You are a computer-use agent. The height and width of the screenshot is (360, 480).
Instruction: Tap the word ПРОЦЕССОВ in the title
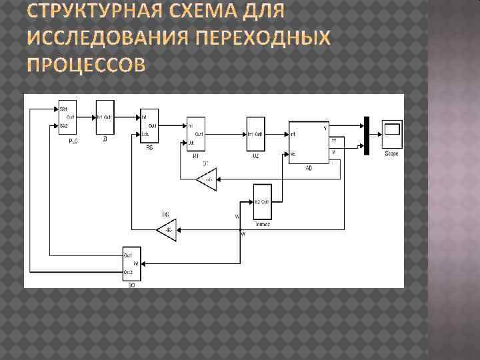click(85, 65)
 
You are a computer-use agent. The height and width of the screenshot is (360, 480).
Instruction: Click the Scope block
click(391, 133)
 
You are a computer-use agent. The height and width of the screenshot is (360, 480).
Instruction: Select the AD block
click(309, 142)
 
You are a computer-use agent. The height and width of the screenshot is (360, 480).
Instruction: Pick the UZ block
click(255, 134)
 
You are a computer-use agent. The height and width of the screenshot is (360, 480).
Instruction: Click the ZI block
click(105, 118)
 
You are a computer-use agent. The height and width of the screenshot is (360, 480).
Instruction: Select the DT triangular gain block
click(207, 179)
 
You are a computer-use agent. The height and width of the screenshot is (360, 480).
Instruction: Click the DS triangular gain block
click(167, 231)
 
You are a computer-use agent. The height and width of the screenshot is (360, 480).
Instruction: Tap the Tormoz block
click(261, 200)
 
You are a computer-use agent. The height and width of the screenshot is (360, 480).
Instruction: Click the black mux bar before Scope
click(366, 135)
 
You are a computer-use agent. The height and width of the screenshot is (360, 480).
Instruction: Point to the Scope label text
click(391, 154)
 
